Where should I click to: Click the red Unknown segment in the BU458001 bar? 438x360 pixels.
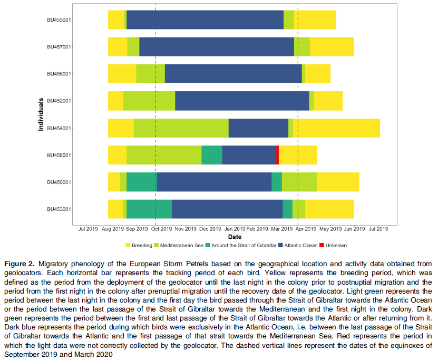click(277, 155)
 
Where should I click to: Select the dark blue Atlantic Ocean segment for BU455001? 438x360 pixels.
click(205, 20)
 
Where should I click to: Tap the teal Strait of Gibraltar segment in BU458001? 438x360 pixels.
click(212, 155)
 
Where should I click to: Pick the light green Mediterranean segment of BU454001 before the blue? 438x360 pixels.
click(181, 128)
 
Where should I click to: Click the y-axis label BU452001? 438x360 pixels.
click(59, 101)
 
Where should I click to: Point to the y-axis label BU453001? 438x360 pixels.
click(59, 209)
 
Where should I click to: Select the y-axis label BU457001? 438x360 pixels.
click(59, 47)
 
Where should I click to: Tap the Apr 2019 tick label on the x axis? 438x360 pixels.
click(306, 229)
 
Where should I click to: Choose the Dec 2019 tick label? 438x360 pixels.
click(210, 229)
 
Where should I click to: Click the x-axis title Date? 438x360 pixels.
click(235, 237)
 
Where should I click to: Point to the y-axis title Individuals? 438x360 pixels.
click(41, 114)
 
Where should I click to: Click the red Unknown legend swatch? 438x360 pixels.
click(322, 245)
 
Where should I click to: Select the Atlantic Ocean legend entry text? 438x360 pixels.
click(301, 246)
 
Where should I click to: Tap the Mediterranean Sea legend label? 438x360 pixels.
click(181, 246)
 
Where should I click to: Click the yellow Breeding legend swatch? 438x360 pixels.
click(128, 245)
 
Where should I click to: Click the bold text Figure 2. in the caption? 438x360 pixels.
click(20, 264)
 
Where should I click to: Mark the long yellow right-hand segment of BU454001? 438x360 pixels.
click(336, 128)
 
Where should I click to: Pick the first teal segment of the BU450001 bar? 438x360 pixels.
click(142, 182)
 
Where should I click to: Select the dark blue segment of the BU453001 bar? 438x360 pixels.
click(227, 209)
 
